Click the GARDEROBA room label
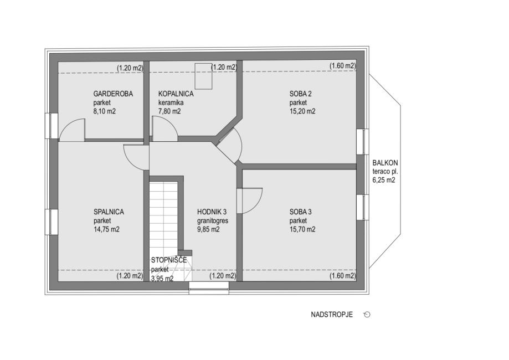tap(113, 94)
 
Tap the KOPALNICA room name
tap(176, 94)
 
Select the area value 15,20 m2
tap(302, 111)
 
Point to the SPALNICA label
tap(109, 212)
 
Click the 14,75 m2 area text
tap(106, 229)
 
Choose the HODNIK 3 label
tap(212, 212)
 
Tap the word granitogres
tap(213, 221)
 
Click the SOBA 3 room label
tap(301, 212)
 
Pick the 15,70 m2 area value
tap(302, 229)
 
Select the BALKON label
tap(385, 163)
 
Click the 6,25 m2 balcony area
tap(384, 180)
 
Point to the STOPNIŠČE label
tap(169, 260)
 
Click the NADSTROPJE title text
tap(332, 315)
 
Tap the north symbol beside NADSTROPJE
tap(367, 315)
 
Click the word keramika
tap(171, 102)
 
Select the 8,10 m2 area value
tap(105, 111)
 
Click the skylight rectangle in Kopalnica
tap(203, 76)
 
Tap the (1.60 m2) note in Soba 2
tap(343, 66)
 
